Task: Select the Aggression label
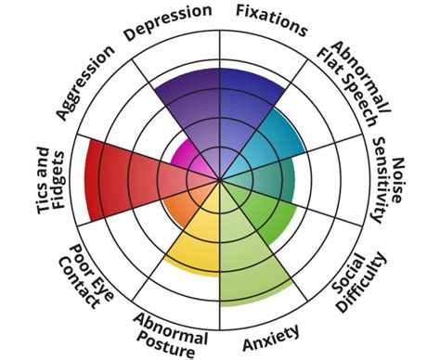coord(85,82)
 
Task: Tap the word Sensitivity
coord(379,182)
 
